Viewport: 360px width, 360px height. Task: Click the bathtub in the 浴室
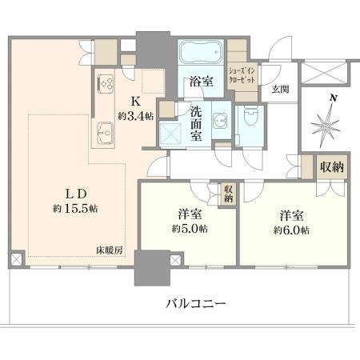pos(201,52)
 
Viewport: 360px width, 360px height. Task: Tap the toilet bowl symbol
pos(250,116)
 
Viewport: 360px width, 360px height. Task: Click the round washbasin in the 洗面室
pos(220,121)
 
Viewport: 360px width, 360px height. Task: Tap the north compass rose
pos(326,126)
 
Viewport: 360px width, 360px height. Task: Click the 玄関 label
pos(280,90)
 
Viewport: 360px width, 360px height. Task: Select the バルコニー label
pos(196,303)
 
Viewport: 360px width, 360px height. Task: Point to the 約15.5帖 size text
pos(75,209)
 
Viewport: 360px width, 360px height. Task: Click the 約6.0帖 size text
pos(291,230)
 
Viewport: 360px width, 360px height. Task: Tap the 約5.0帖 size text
pos(190,229)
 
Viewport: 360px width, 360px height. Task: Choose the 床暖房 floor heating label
pos(110,250)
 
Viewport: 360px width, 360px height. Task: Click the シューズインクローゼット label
pos(242,76)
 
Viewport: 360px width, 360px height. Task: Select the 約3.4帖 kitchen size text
pos(136,117)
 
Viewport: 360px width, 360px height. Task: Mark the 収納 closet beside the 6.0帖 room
pos(332,167)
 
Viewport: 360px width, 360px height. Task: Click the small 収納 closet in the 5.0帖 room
pos(229,194)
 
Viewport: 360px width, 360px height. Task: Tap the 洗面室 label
pos(196,124)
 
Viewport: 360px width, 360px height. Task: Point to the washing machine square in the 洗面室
pos(170,134)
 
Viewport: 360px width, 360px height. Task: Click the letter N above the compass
pos(333,98)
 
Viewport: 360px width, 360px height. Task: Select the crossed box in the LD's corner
pos(16,259)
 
